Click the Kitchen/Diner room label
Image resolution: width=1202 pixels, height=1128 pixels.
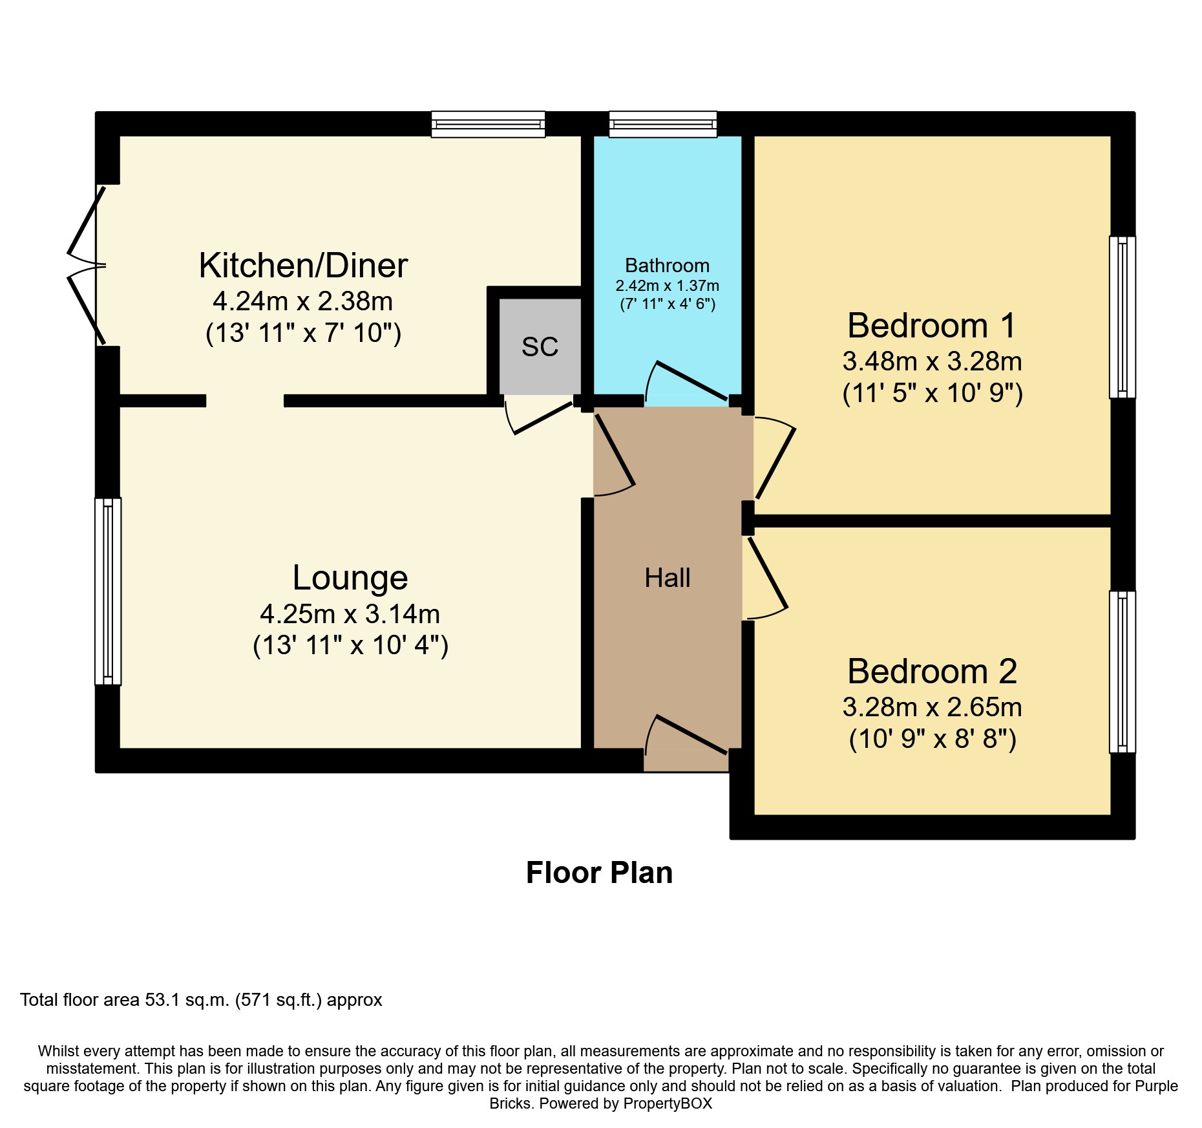pyautogui.click(x=303, y=266)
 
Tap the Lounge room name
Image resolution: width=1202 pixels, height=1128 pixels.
pyautogui.click(x=350, y=578)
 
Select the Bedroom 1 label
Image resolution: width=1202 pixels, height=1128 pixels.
pyautogui.click(x=932, y=325)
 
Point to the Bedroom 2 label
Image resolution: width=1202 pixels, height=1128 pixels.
pyautogui.click(x=932, y=672)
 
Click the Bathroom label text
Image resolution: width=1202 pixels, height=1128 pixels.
pyautogui.click(x=667, y=266)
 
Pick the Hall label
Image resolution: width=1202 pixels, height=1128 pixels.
pyautogui.click(x=668, y=578)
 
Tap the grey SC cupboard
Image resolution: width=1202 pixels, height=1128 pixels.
pyautogui.click(x=540, y=346)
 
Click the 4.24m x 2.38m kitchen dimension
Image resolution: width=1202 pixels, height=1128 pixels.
pyautogui.click(x=303, y=301)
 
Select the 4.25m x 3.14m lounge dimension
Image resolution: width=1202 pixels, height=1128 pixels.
pyautogui.click(x=350, y=613)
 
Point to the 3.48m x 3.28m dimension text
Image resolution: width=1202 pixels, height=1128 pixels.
pyautogui.click(x=932, y=361)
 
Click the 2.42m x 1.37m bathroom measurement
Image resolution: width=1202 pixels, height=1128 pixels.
pyautogui.click(x=667, y=286)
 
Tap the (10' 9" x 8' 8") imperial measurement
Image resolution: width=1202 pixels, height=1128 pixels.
pyautogui.click(x=932, y=739)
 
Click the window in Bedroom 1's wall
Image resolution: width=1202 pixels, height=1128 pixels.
pyautogui.click(x=1123, y=317)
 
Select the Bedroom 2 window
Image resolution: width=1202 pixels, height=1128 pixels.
pyautogui.click(x=1123, y=672)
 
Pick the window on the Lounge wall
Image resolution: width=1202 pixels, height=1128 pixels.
pyautogui.click(x=108, y=591)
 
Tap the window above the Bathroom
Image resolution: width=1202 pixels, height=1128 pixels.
pyautogui.click(x=663, y=124)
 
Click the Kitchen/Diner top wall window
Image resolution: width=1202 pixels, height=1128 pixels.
pyautogui.click(x=489, y=124)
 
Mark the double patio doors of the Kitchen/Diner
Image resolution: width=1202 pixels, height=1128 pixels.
pyautogui.click(x=87, y=266)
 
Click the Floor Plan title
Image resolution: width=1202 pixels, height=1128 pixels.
pyautogui.click(x=600, y=873)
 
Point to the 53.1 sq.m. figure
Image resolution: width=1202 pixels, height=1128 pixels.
pyautogui.click(x=187, y=1000)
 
